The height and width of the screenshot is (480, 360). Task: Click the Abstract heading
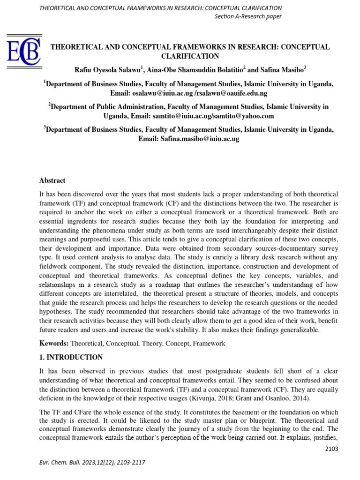tap(52, 180)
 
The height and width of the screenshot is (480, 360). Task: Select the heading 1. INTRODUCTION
tap(71, 357)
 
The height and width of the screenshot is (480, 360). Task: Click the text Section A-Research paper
tap(248, 17)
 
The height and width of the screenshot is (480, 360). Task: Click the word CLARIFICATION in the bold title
tap(190, 56)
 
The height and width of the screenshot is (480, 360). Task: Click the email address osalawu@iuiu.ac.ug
tap(163, 93)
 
